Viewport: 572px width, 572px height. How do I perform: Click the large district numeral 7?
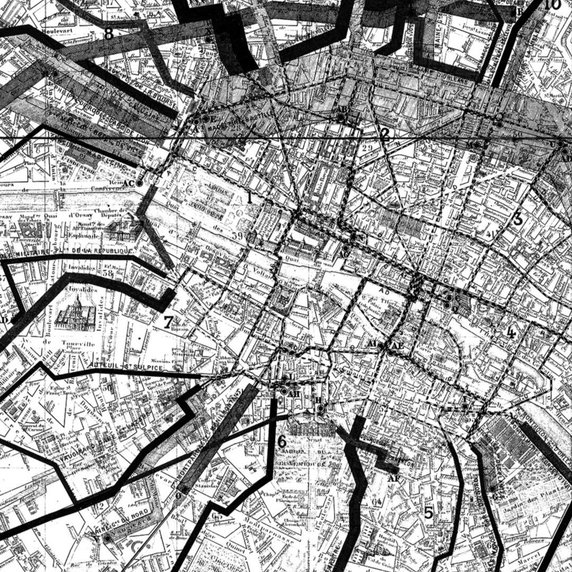pos(168,322)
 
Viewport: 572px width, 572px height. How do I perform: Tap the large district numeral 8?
pos(108,34)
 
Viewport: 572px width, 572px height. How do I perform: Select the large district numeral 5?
pos(428,512)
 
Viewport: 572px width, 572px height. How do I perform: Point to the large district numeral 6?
pos(282,441)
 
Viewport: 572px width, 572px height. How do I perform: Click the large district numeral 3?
pos(517,219)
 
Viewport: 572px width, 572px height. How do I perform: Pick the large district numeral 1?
pos(250,197)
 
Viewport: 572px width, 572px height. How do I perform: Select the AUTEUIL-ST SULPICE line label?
pos(130,368)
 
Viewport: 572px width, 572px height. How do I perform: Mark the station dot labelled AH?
pos(284,392)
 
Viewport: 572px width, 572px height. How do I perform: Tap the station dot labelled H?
pos(320,408)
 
